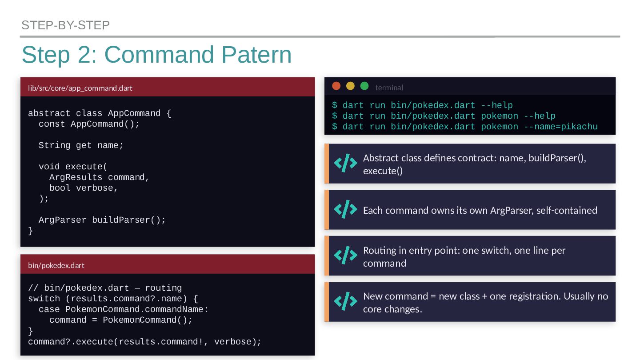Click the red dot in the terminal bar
click(336, 86)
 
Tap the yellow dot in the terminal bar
click(350, 86)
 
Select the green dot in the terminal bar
click(364, 86)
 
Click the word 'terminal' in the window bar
click(389, 88)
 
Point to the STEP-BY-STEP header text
click(65, 25)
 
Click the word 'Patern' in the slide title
click(256, 55)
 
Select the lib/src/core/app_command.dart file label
click(80, 88)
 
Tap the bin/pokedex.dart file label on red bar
click(56, 265)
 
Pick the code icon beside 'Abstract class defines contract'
click(345, 164)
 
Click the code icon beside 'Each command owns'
click(345, 209)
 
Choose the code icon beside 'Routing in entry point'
click(345, 256)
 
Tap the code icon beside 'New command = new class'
click(345, 302)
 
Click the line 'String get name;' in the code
click(81, 145)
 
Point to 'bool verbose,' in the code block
click(84, 188)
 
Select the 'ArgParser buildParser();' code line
click(102, 220)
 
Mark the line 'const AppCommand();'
click(89, 124)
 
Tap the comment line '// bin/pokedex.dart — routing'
click(105, 288)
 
